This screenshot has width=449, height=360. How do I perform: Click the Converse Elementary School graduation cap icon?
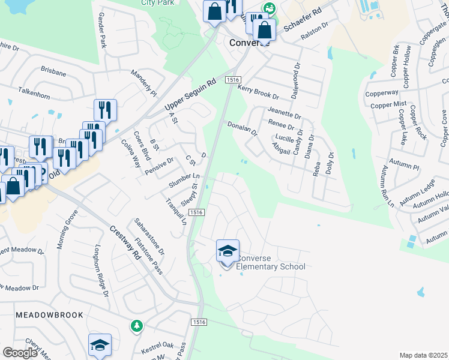tap(228, 251)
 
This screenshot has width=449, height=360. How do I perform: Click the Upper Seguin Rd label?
tap(190, 95)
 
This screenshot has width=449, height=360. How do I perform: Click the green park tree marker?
tap(137, 326)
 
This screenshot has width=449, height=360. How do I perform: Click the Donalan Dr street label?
tap(243, 128)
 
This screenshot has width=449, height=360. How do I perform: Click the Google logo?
tap(20, 353)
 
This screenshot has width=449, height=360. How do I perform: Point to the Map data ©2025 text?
tap(423, 355)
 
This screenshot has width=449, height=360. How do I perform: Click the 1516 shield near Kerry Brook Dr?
tap(233, 80)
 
